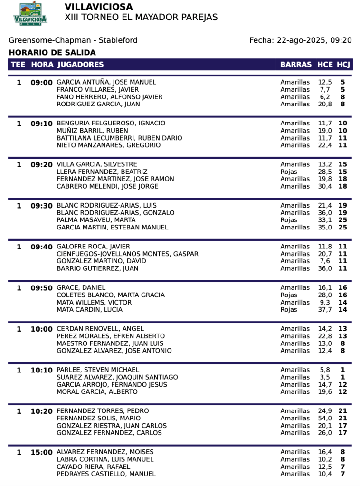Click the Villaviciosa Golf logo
tap(30, 14)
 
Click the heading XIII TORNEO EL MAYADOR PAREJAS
tap(141, 18)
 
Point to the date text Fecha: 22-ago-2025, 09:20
tap(300, 40)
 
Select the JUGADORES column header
tap(80, 65)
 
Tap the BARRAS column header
tap(296, 65)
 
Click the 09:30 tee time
tap(41, 206)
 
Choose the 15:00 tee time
tap(41, 452)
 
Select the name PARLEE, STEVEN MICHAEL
tap(98, 370)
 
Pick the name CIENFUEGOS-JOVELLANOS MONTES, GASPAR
tap(127, 254)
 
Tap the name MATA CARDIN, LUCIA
tap(89, 309)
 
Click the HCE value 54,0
tap(325, 418)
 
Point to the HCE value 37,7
tap(325, 309)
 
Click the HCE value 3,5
tap(326, 377)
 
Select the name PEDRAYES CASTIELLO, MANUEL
tap(106, 474)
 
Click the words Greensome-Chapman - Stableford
tap(73, 40)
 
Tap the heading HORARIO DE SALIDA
tap(52, 53)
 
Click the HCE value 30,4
tap(325, 186)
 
